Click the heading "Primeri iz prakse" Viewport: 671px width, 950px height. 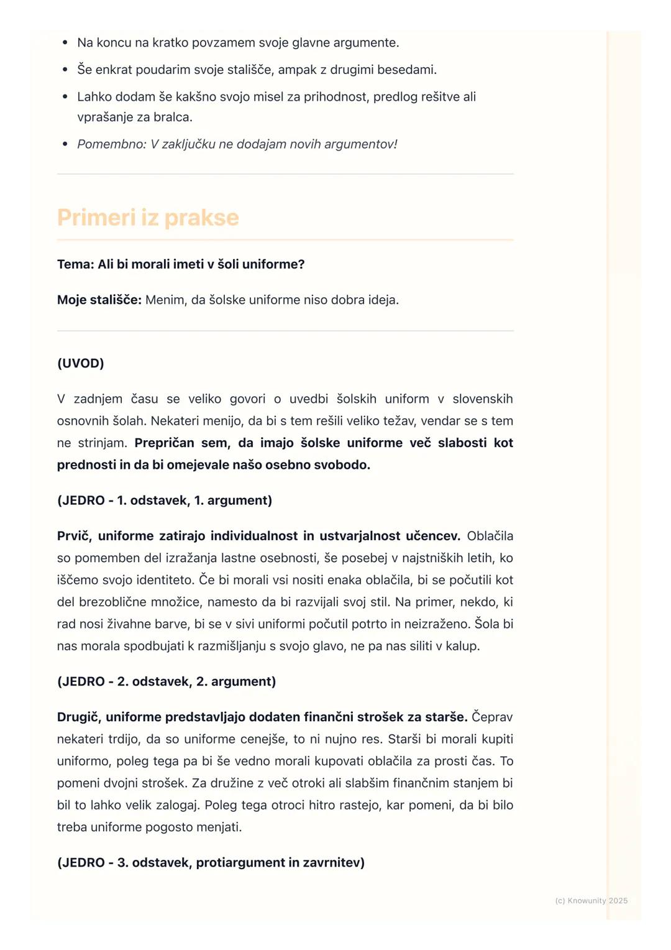148,218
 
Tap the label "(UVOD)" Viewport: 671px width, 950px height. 81,363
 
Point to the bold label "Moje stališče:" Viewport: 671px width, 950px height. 99,300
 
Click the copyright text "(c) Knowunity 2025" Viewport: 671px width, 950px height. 591,900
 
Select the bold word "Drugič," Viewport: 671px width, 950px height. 79,717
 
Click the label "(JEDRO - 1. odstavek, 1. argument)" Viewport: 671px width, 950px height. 165,500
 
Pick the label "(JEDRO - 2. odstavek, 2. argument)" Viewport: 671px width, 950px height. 167,681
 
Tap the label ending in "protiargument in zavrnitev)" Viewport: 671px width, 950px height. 211,862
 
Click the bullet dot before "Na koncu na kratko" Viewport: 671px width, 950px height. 65,43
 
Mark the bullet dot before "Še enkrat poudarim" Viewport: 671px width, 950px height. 65,70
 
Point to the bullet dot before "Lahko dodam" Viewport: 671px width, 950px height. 65,97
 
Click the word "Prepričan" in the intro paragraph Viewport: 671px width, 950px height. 164,443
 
